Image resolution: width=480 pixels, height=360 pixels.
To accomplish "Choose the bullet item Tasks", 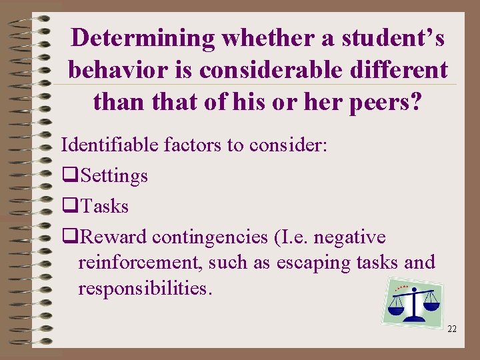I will [x=103, y=207].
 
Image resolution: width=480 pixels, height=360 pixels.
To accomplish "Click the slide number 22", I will [x=452, y=329].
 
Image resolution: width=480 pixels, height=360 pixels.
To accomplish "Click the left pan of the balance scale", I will [x=397, y=309].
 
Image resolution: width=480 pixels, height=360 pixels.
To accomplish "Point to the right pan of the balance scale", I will [x=431, y=305].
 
